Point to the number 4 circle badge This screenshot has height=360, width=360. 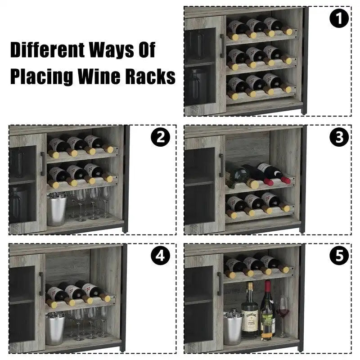[x=160, y=256]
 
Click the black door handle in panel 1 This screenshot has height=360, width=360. [x=222, y=46]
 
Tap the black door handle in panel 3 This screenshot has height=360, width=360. [x=221, y=165]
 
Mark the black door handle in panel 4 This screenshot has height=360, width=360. [x=41, y=283]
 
